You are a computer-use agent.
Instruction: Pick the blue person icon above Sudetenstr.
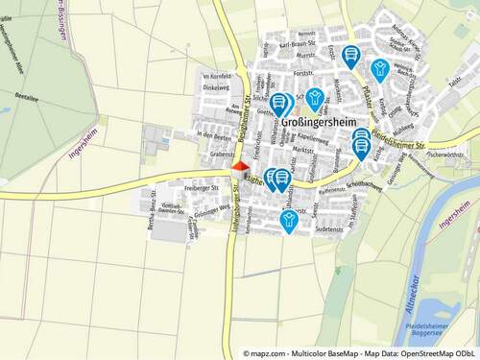(x=288, y=221)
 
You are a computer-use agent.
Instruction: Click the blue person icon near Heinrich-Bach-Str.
(x=381, y=66)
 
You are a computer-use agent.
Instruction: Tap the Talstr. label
(x=454, y=84)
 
